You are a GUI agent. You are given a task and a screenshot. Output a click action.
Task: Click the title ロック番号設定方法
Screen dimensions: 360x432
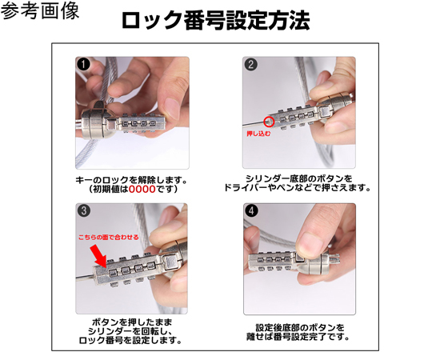click(x=215, y=21)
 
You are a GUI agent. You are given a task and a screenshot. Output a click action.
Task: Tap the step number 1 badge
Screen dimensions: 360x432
click(x=83, y=64)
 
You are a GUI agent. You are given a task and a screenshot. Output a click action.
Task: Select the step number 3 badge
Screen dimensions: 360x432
click(x=83, y=211)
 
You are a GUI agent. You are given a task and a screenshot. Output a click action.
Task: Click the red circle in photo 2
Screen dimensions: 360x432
click(x=269, y=122)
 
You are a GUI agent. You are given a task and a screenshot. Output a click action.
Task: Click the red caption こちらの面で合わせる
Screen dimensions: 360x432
click(x=108, y=238)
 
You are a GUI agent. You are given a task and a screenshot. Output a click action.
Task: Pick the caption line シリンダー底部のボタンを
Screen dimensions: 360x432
click(x=298, y=178)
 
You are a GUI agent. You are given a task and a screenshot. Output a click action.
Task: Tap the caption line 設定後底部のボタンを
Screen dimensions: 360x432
click(x=299, y=327)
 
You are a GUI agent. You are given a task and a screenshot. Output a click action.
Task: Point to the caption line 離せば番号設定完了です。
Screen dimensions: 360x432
click(x=299, y=337)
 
